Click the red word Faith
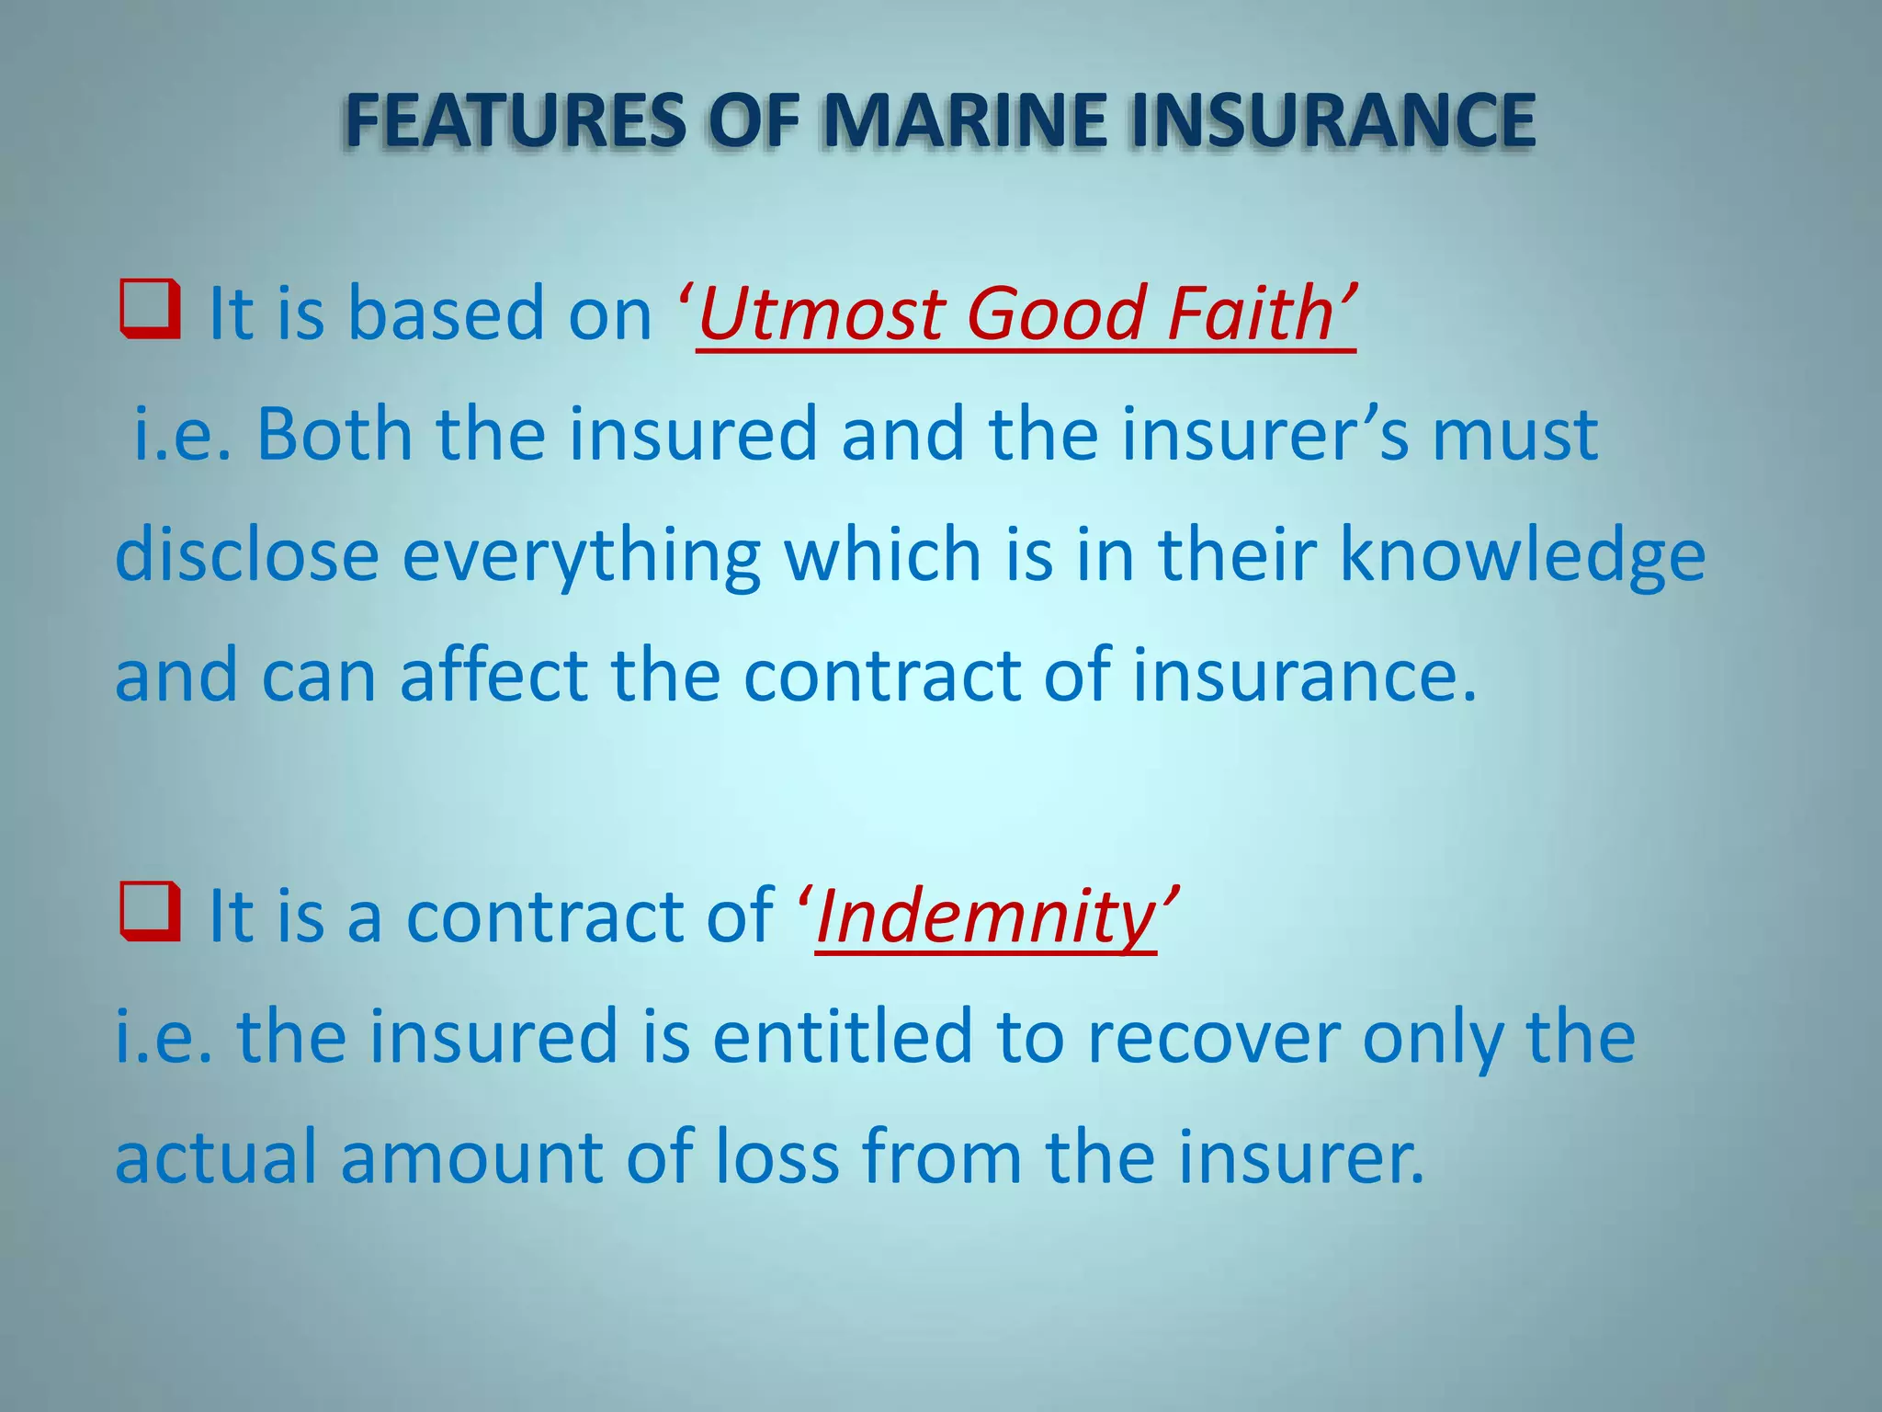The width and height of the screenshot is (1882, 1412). [x=1252, y=314]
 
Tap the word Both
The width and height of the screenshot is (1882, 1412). [x=334, y=434]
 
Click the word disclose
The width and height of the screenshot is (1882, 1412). [x=247, y=555]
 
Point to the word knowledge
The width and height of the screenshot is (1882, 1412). [x=1522, y=557]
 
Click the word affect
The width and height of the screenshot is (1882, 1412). [x=494, y=676]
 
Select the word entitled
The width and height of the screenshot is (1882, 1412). [x=842, y=1037]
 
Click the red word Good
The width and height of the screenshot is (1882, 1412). [x=1055, y=314]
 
